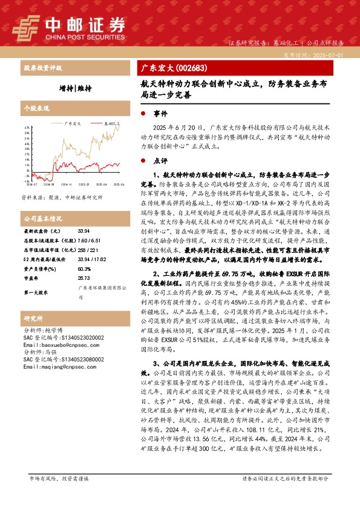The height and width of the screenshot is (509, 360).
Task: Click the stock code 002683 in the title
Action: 187,68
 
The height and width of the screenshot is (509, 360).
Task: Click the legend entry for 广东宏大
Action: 72,123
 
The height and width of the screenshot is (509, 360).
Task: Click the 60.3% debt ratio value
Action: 84,268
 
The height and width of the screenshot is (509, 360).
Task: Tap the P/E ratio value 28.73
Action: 84,278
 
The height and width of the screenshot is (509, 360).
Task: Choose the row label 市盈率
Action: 31,278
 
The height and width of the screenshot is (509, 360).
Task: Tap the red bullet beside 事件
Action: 143,114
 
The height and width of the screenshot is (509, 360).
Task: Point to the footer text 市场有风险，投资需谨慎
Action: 58,496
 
